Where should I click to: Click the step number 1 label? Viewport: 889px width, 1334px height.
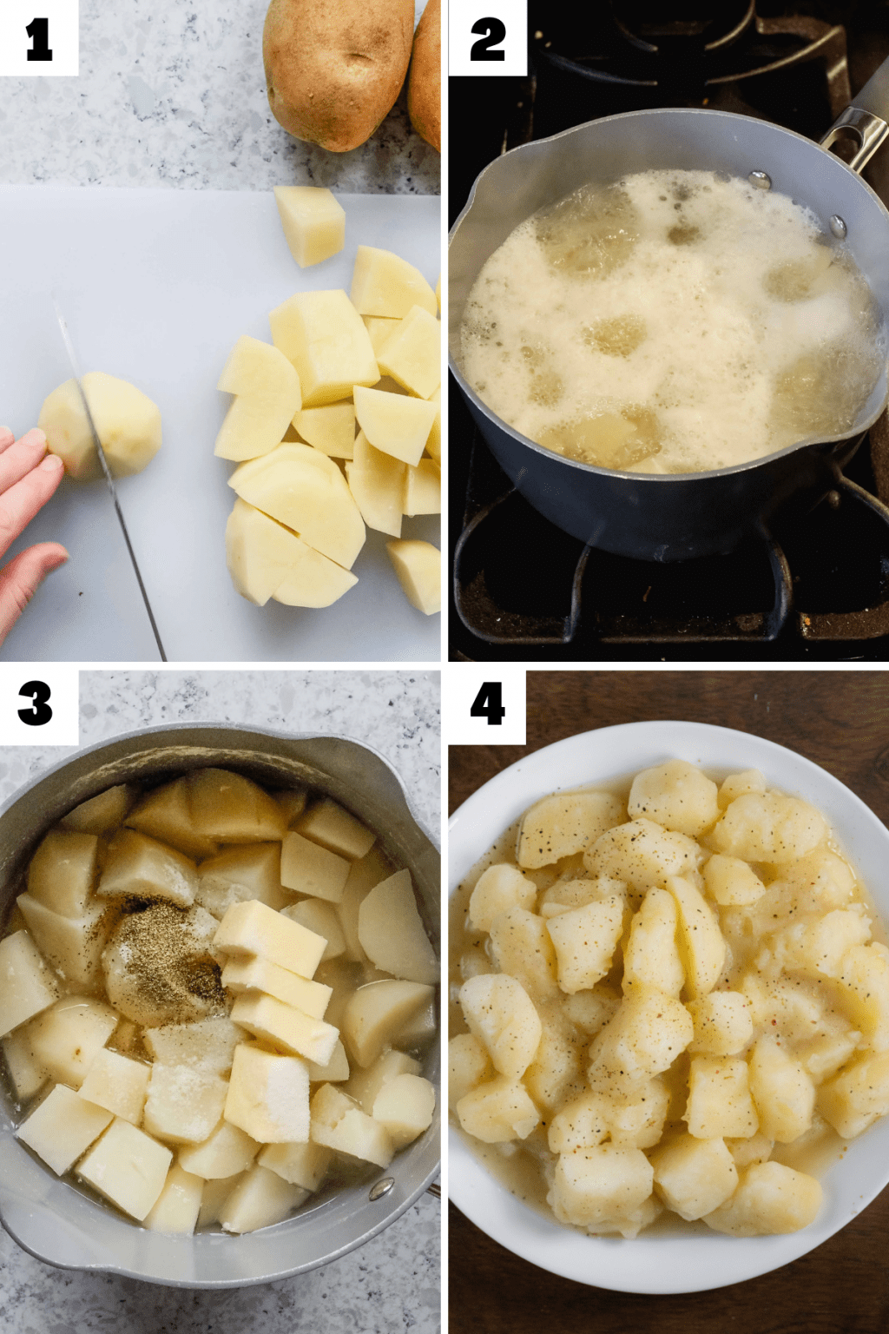pyautogui.click(x=38, y=39)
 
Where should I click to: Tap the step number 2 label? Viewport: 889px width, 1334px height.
pyautogui.click(x=487, y=39)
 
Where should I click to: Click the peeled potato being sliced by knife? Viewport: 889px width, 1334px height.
pyautogui.click(x=122, y=424)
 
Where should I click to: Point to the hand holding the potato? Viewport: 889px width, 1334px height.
pyautogui.click(x=26, y=504)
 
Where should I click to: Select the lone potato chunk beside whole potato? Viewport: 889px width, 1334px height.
pyautogui.click(x=310, y=224)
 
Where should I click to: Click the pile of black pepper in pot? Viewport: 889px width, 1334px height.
pyautogui.click(x=165, y=964)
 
